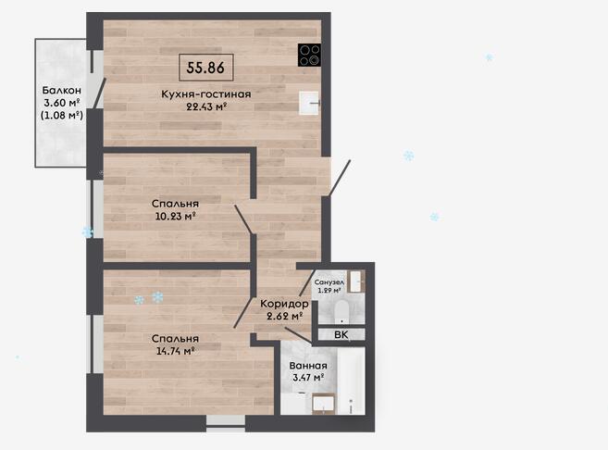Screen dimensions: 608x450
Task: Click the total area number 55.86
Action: point(205,68)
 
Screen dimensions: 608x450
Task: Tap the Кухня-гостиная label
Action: point(205,94)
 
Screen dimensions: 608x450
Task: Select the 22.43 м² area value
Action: point(206,106)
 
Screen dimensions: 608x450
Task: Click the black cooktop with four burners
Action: point(309,55)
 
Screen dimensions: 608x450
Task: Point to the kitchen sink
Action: point(309,103)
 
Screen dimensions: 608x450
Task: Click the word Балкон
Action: point(62,91)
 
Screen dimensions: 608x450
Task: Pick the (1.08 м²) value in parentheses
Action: point(62,115)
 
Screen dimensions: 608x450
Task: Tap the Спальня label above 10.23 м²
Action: point(175,204)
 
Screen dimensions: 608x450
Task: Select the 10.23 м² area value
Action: point(175,216)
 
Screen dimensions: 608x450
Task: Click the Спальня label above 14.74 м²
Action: point(175,339)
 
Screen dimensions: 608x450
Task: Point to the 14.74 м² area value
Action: point(175,351)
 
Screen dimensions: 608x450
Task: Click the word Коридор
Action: point(284,304)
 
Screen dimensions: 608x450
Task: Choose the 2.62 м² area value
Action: point(285,316)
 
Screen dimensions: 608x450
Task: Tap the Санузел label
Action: point(329,282)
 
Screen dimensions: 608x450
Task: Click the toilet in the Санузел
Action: point(341,311)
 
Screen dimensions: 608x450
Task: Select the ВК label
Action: point(341,335)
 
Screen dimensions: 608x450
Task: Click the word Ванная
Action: point(308,366)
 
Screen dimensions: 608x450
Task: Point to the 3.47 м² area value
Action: point(308,377)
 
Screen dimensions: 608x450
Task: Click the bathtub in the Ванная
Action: point(352,381)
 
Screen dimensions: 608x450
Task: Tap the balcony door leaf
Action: point(99,94)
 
